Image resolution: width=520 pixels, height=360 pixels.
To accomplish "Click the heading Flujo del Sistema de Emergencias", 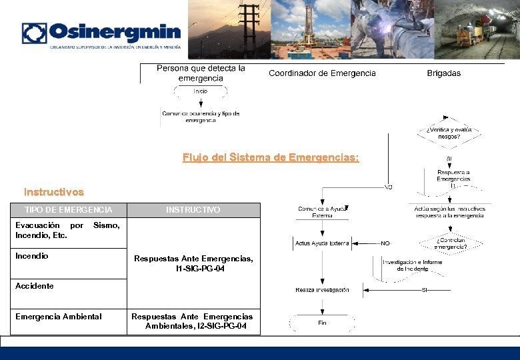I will [270, 158].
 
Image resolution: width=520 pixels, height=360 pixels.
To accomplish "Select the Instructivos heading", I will [54, 192].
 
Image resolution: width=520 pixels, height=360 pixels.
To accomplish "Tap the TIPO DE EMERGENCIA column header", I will [69, 210].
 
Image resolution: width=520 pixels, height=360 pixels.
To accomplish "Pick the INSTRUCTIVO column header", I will [193, 210].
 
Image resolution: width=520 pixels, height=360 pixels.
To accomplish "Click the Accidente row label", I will [35, 286].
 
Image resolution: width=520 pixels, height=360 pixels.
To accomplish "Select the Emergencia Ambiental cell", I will [59, 317].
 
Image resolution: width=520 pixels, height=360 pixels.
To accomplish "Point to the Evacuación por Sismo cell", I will [67, 231].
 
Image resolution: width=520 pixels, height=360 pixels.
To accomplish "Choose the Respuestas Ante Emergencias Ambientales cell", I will [193, 321].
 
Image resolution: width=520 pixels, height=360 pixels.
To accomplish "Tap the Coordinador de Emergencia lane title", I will [322, 73].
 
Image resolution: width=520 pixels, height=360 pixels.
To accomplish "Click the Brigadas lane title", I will [444, 73].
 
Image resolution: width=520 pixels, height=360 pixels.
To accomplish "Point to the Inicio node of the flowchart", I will [201, 91].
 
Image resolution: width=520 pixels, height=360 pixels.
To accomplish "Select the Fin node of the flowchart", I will [322, 323].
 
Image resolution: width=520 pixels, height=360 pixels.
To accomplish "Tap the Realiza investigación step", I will [322, 290].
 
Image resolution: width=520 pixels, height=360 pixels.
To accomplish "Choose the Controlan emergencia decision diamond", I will [450, 243].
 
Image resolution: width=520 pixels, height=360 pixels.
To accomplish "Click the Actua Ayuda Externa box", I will [322, 243].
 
